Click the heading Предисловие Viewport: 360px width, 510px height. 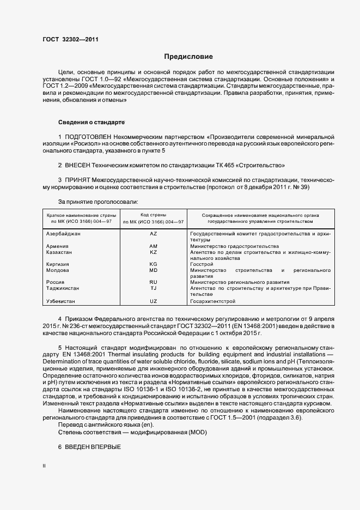[x=188, y=57]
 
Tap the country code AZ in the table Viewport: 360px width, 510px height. [x=153, y=234]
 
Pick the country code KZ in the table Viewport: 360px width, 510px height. [x=153, y=252]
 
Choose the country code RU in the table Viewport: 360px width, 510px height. [x=153, y=282]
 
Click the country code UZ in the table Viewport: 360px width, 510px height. [x=153, y=301]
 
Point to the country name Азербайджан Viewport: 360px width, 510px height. [x=64, y=234]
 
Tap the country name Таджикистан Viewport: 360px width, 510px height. [x=63, y=288]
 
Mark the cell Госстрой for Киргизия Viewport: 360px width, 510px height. [x=202, y=264]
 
